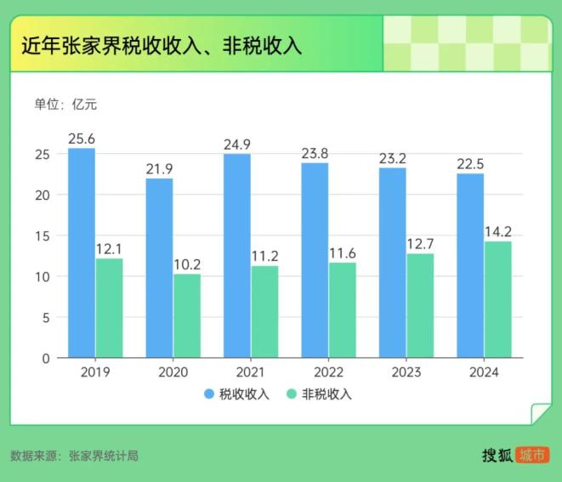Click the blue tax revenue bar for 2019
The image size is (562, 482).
(82, 253)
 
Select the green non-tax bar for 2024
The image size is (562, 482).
(497, 299)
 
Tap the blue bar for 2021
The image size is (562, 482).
(237, 256)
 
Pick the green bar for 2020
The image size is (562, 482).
(187, 315)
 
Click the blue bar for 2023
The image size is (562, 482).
(393, 263)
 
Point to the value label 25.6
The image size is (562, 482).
(82, 138)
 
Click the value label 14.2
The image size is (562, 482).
(497, 231)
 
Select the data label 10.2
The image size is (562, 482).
(187, 264)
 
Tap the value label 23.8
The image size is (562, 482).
(315, 154)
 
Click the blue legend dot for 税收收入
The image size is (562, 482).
(209, 394)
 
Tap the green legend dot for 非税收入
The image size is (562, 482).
(292, 394)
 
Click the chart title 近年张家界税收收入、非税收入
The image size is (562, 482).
(162, 45)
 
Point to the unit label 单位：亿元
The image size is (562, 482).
(65, 105)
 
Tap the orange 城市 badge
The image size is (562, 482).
(533, 455)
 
